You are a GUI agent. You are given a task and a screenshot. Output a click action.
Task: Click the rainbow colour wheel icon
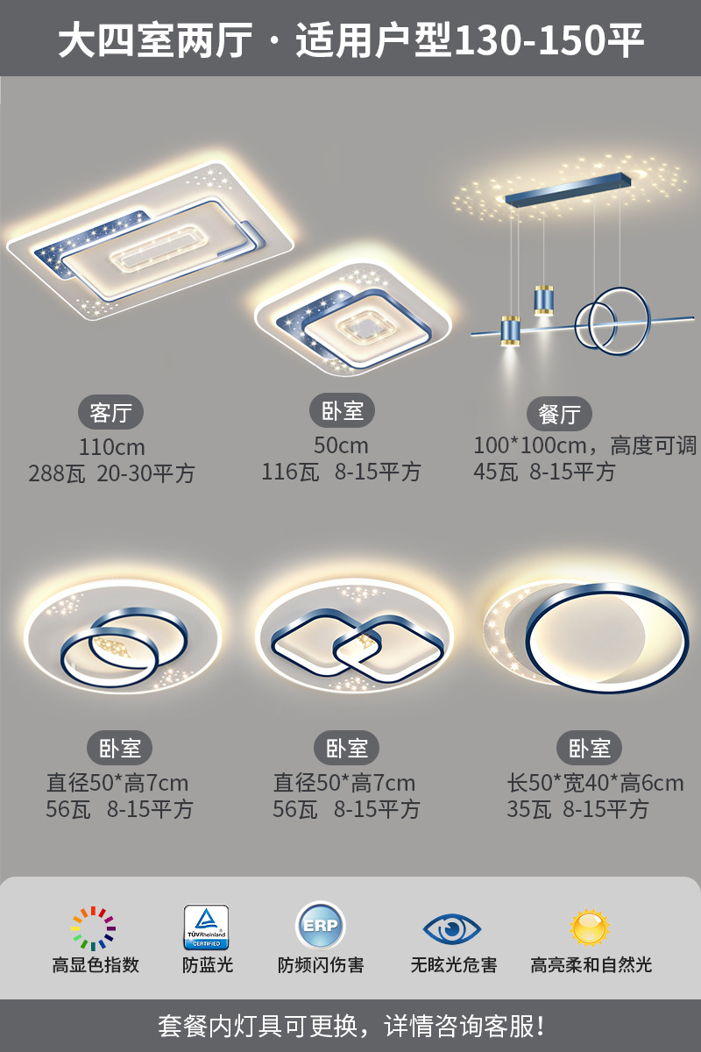(94, 928)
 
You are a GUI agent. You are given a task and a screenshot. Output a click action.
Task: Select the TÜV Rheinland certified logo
(206, 928)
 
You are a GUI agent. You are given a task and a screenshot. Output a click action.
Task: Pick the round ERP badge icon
(321, 927)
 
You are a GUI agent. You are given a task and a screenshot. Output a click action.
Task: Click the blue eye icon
(452, 928)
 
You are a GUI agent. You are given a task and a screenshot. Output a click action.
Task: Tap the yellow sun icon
(590, 928)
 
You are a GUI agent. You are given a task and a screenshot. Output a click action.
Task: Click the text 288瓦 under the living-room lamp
(58, 474)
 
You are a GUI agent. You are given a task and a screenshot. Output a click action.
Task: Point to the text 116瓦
(290, 472)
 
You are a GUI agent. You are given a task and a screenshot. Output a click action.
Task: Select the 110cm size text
(111, 447)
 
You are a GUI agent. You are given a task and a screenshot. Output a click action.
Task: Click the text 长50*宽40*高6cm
(595, 783)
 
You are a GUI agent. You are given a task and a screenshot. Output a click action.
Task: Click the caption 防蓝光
(208, 965)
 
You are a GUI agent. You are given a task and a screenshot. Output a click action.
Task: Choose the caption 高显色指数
(96, 965)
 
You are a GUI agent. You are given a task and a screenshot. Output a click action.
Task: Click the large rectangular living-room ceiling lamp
(149, 237)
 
